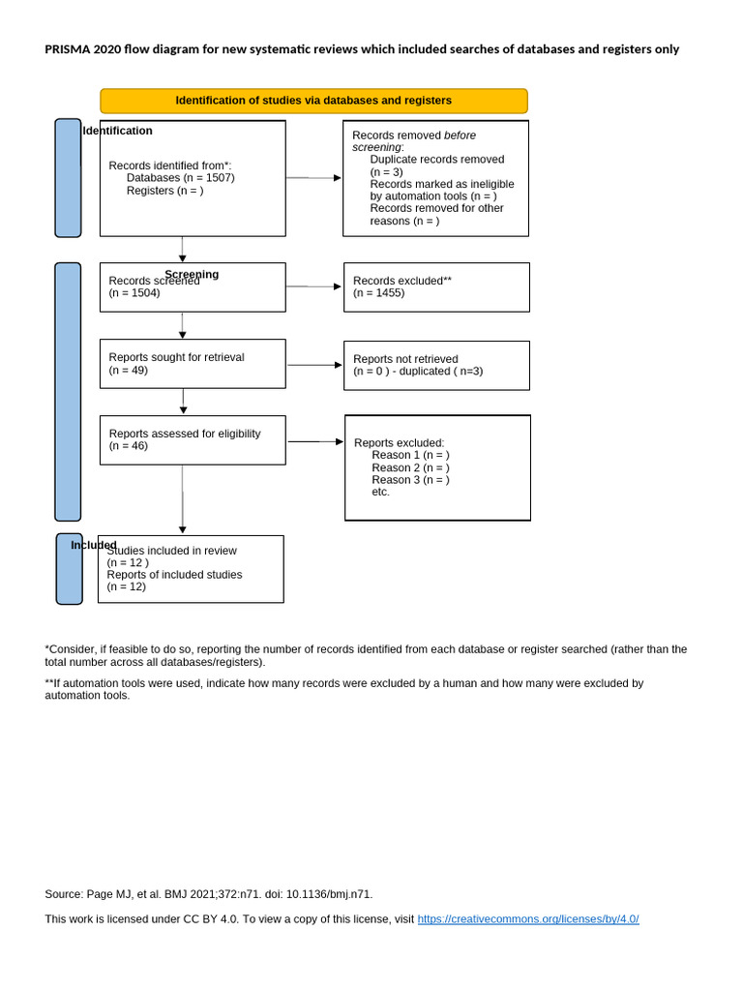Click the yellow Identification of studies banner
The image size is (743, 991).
pyautogui.click(x=313, y=101)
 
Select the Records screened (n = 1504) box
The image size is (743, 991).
pyautogui.click(x=193, y=287)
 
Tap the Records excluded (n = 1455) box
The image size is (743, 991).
pyautogui.click(x=436, y=287)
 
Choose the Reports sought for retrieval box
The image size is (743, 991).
pyautogui.click(x=193, y=364)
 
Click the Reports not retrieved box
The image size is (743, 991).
pyautogui.click(x=436, y=365)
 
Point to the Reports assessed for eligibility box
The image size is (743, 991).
pyautogui.click(x=193, y=440)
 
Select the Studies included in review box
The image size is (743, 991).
pyautogui.click(x=191, y=569)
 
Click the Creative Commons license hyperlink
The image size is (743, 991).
pyautogui.click(x=528, y=919)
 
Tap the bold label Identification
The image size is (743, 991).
pyautogui.click(x=118, y=131)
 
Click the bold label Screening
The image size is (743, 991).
pyautogui.click(x=192, y=274)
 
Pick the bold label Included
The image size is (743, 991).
pyautogui.click(x=93, y=545)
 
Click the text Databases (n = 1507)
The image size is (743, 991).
pyautogui.click(x=180, y=178)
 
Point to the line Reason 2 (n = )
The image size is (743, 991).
pyautogui.click(x=410, y=467)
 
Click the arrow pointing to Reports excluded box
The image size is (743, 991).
pyautogui.click(x=315, y=441)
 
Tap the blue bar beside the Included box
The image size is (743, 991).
pyautogui.click(x=69, y=569)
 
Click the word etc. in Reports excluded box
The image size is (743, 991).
pyautogui.click(x=380, y=492)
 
